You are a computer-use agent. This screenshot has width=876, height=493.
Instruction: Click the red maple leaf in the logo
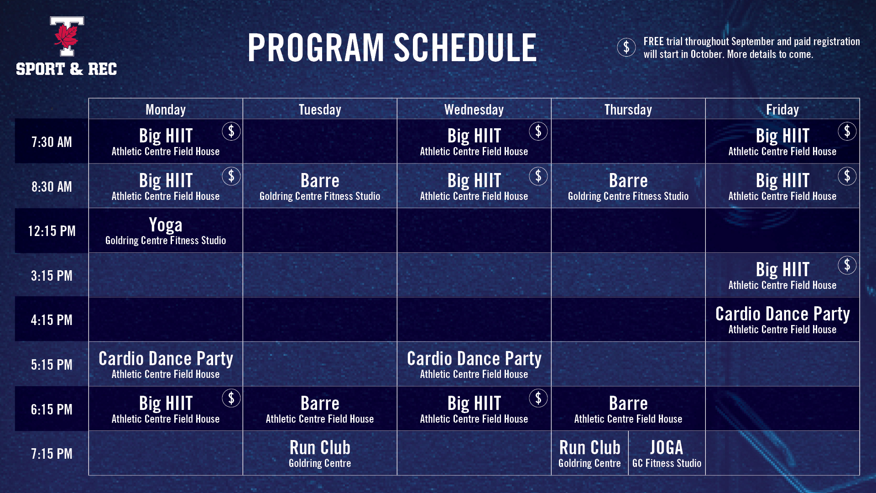67,37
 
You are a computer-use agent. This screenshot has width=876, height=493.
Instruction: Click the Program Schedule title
392,47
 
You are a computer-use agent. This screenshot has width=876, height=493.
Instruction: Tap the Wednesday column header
474,110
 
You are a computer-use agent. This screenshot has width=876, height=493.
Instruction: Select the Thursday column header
628,110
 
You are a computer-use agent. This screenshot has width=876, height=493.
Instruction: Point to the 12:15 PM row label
52,231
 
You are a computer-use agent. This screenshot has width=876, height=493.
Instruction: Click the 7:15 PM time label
52,454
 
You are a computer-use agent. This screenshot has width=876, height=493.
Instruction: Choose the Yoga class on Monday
166,231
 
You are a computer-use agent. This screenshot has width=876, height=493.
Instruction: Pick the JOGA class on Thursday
667,454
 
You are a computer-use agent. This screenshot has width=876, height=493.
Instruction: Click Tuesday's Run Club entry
320,454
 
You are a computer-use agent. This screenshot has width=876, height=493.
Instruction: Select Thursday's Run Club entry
589,454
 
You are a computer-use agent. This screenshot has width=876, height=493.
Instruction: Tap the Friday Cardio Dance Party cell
782,320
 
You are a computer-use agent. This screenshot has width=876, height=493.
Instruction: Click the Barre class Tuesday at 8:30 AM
320,186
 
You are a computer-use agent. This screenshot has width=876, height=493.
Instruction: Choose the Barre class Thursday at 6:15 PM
628,409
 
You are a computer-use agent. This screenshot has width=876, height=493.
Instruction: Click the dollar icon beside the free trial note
626,47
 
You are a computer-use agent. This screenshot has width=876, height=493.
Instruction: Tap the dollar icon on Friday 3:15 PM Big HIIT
847,265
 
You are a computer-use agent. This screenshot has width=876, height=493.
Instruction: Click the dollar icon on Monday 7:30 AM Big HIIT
231,131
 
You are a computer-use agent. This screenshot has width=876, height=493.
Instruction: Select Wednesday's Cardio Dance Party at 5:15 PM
474,364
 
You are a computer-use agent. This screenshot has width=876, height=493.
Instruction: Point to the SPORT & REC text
67,69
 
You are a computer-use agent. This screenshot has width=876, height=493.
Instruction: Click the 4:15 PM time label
52,320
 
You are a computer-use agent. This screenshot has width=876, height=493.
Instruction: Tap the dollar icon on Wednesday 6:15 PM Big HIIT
538,399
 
